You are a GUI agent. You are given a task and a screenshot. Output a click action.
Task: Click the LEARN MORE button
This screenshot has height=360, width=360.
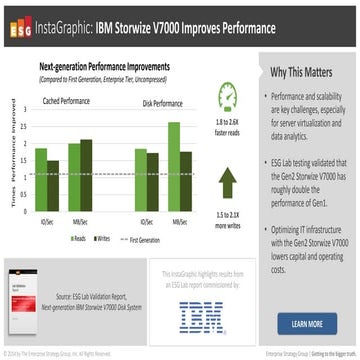306,323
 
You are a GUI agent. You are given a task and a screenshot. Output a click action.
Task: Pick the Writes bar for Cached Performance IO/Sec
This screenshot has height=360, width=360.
52,183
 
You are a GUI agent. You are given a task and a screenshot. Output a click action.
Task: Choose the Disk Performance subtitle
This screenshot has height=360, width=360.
161,102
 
